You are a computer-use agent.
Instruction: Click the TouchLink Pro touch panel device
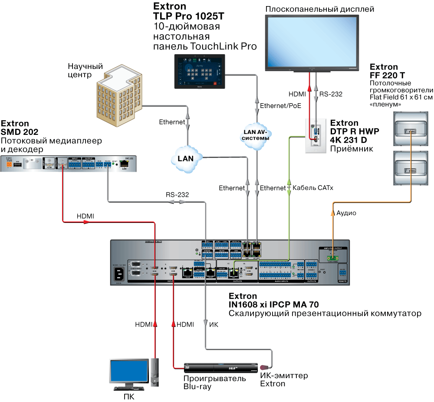(200, 72)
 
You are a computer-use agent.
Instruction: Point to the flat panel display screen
(312, 42)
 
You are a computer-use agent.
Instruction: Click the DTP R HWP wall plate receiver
(316, 136)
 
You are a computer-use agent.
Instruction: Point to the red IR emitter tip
(263, 368)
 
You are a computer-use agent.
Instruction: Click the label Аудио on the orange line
(346, 213)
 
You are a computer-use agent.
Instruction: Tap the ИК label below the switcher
(214, 324)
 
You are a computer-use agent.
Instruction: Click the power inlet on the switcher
(118, 274)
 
